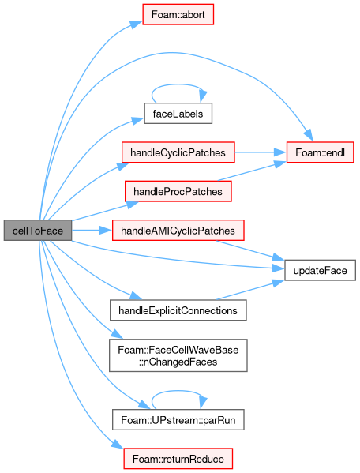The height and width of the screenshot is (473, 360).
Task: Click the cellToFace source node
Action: click(x=38, y=231)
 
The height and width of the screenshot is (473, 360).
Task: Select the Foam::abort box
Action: click(x=178, y=14)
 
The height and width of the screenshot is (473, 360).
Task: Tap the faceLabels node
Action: click(x=178, y=114)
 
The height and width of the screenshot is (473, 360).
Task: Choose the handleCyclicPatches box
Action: click(x=178, y=152)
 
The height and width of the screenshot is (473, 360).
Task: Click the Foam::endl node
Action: click(x=320, y=152)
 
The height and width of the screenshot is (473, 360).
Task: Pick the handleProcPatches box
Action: click(x=178, y=191)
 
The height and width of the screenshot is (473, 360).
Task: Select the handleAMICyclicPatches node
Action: click(x=178, y=231)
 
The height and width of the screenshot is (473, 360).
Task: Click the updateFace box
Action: click(x=320, y=270)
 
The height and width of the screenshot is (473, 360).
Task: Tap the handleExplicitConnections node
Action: click(x=178, y=310)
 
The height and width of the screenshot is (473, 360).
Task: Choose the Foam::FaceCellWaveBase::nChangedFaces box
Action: click(x=178, y=355)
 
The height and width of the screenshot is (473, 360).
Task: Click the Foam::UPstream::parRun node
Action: click(x=178, y=419)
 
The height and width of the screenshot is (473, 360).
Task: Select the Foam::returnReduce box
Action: click(x=178, y=459)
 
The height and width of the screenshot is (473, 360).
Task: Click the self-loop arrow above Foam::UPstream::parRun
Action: click(x=178, y=391)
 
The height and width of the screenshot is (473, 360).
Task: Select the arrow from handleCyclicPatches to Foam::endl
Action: click(x=261, y=152)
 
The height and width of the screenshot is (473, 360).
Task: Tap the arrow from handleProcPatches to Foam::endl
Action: click(x=252, y=171)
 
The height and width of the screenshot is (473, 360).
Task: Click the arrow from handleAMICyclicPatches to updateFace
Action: click(x=250, y=250)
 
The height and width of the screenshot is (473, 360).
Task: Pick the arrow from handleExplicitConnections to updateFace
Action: click(x=250, y=290)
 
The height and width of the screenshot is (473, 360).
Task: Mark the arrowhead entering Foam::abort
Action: click(x=137, y=24)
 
